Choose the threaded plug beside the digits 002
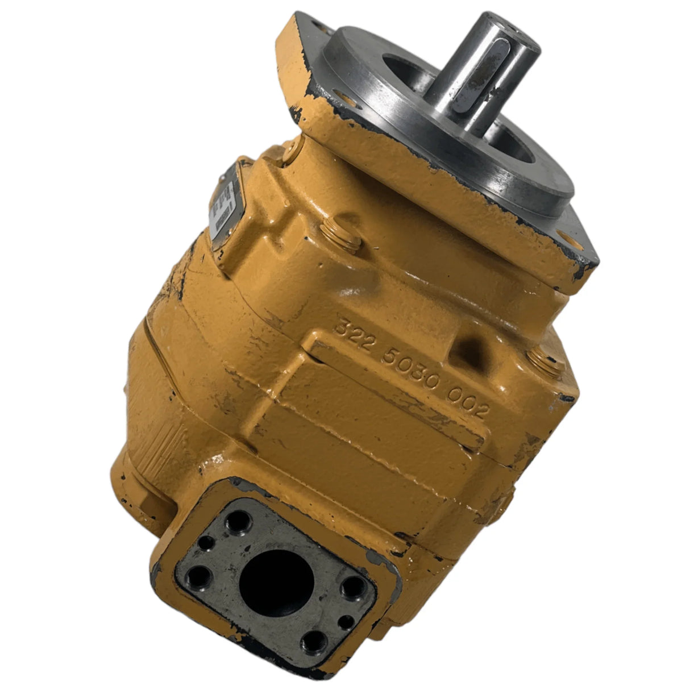click(544, 364)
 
